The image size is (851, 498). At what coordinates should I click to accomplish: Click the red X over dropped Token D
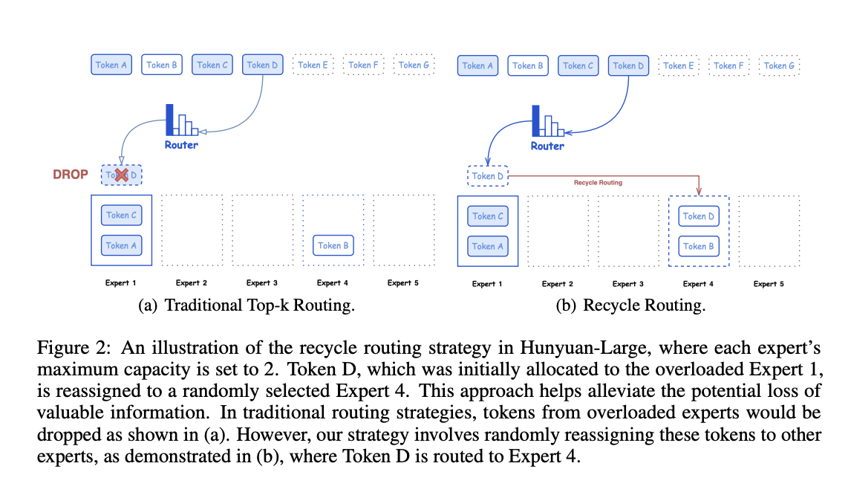coord(122,175)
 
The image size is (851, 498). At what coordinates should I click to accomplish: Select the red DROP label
coord(70,175)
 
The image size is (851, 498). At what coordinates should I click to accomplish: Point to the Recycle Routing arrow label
coord(598,182)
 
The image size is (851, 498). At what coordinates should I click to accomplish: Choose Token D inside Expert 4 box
coord(699,216)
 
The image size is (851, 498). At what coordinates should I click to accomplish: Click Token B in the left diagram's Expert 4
coord(333,245)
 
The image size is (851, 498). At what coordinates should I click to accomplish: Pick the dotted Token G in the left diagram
coord(414,65)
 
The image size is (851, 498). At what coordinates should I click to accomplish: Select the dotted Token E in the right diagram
coord(679,65)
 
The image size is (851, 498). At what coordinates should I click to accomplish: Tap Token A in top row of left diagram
coord(111,65)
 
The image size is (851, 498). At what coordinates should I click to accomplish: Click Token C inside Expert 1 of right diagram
coord(488,216)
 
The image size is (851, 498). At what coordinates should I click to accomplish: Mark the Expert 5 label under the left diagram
coord(402,283)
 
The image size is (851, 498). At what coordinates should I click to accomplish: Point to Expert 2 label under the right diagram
coord(558,284)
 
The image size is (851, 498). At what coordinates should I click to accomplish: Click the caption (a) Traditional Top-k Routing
coord(247,305)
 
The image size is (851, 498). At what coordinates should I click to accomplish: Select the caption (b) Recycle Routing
coord(630,305)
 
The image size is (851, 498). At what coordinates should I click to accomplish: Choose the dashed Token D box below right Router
coord(488,176)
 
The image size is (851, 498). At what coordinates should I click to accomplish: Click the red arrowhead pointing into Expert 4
coord(699,192)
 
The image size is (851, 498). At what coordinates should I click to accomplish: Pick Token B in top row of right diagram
coord(528,65)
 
